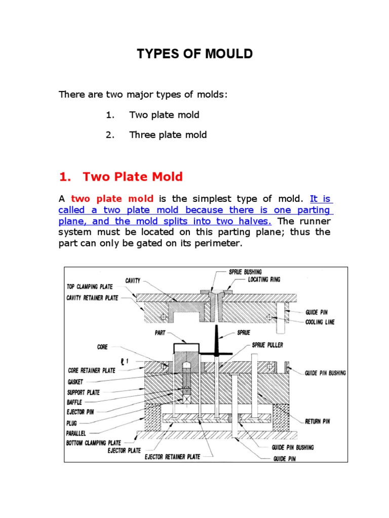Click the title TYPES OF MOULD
pyautogui.click(x=194, y=54)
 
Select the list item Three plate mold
pyautogui.click(x=168, y=135)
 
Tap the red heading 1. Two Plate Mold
pyautogui.click(x=121, y=177)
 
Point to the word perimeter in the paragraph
pyautogui.click(x=221, y=243)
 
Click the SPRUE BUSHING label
pyautogui.click(x=246, y=272)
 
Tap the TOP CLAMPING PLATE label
pyautogui.click(x=92, y=286)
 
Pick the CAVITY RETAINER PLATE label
pyautogui.click(x=93, y=298)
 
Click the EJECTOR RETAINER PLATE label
pyautogui.click(x=172, y=457)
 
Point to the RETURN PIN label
pyautogui.click(x=317, y=421)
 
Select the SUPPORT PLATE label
pyautogui.click(x=84, y=393)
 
